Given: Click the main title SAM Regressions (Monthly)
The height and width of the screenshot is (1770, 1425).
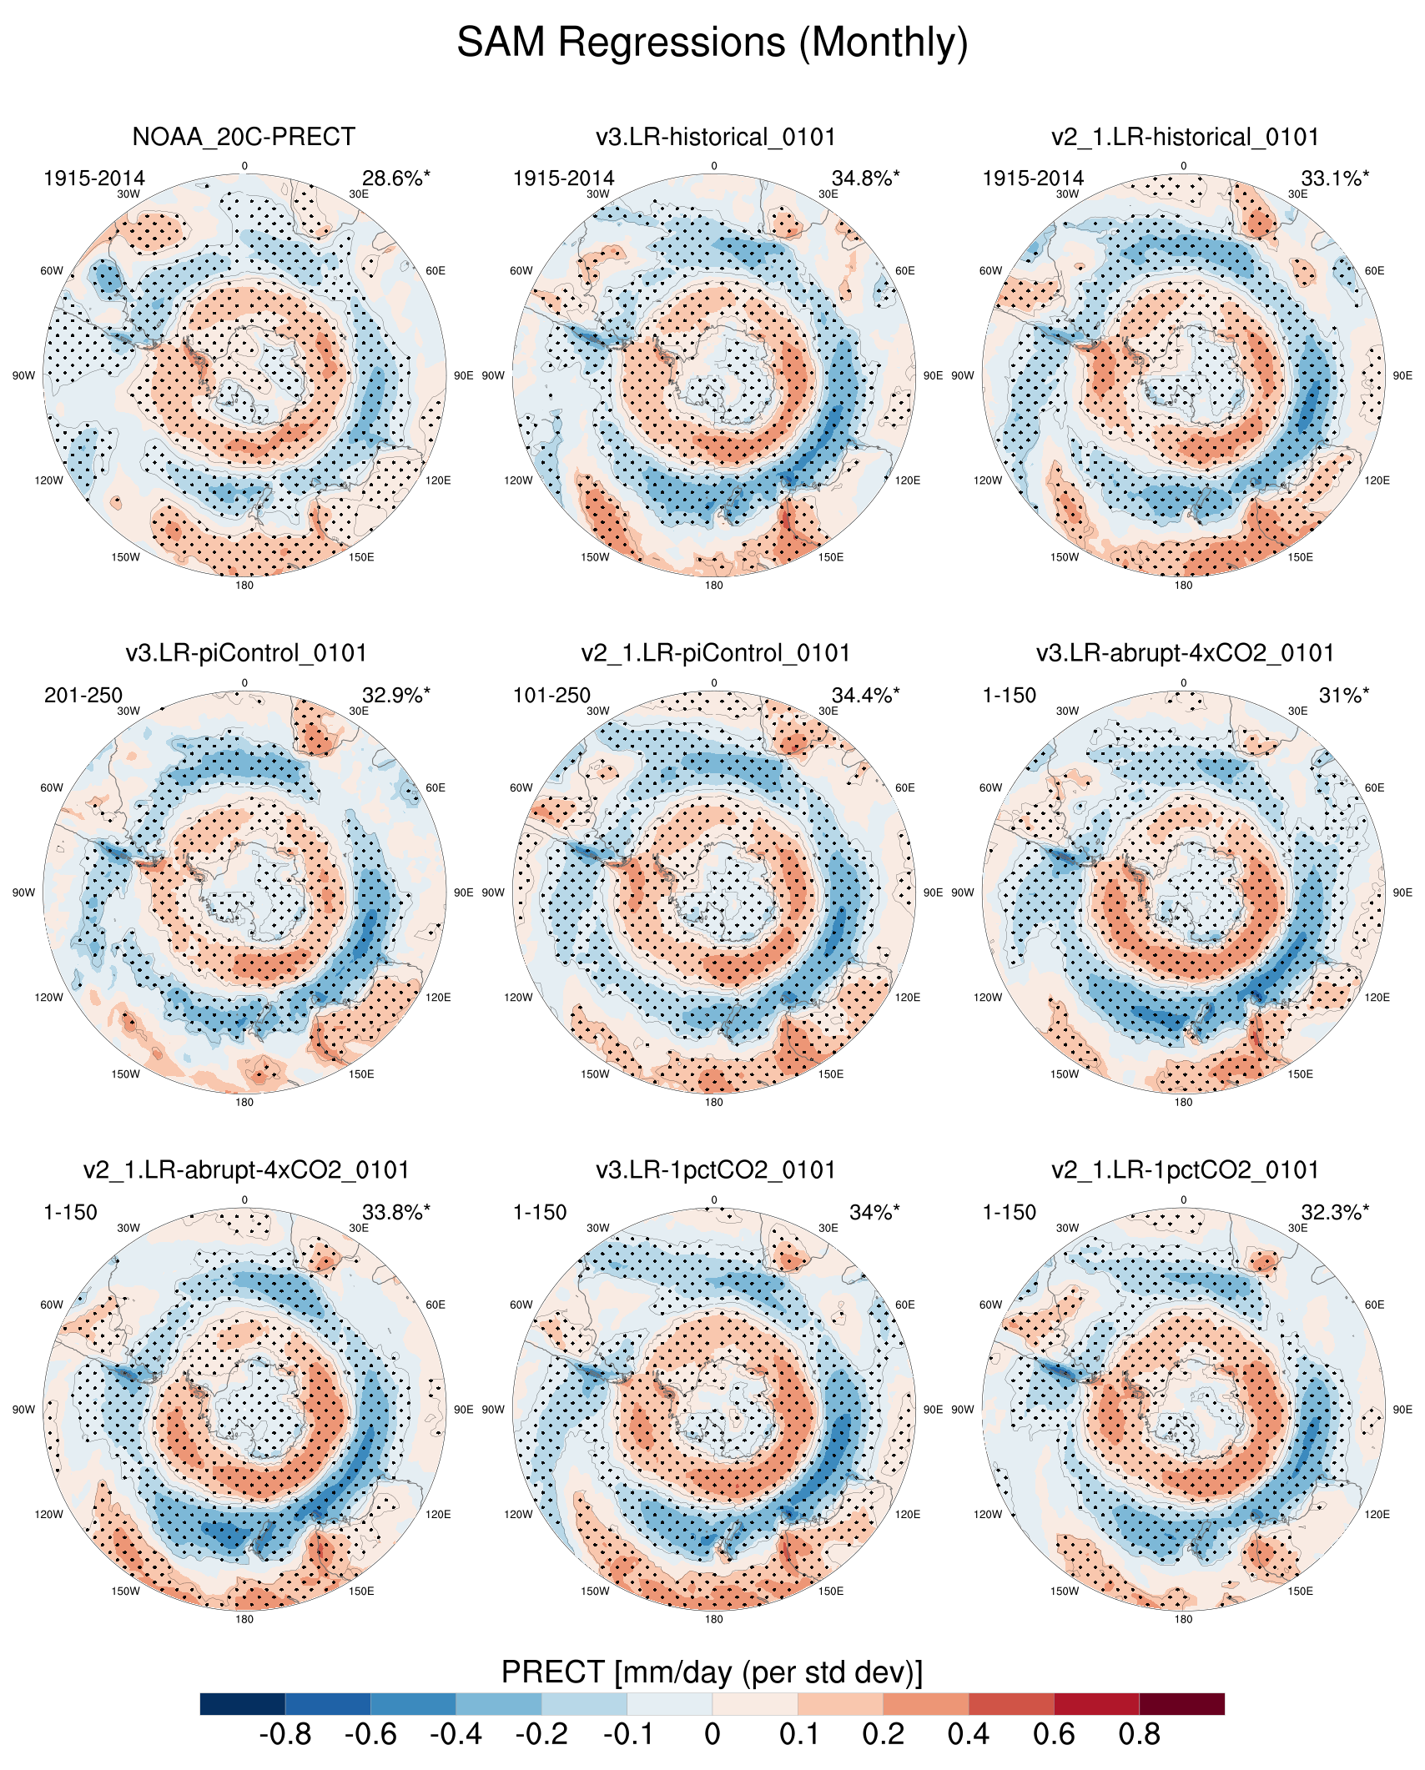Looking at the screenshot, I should point(712,42).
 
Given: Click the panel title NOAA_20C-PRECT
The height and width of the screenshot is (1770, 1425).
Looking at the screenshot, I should point(244,137).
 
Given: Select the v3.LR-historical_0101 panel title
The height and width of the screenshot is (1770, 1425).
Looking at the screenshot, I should point(715,137).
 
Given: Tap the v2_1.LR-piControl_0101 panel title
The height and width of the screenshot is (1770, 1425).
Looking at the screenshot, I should point(715,653).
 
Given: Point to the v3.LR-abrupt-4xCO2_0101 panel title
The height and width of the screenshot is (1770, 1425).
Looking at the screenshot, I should point(1185,653).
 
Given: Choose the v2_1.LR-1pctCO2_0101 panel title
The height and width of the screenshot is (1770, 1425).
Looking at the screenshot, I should point(1185,1170).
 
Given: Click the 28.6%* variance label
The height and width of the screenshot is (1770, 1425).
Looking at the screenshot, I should point(396,179).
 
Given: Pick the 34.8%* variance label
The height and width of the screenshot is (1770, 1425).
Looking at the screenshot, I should point(865,179).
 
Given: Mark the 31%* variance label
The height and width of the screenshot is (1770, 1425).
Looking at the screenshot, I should point(1344,696).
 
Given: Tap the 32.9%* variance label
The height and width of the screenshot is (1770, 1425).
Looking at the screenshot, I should point(396,696).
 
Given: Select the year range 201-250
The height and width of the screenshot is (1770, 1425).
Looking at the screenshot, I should point(83,696).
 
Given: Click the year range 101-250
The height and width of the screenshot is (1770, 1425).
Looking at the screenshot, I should point(551,696).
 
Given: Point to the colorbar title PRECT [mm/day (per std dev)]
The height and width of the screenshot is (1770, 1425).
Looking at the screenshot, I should point(712,1672).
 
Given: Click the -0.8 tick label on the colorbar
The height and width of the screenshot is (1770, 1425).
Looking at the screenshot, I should point(285,1735).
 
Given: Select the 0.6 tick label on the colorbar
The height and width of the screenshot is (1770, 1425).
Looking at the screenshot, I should point(1054,1735).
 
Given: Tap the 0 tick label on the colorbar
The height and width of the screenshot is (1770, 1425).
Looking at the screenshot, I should point(712,1735).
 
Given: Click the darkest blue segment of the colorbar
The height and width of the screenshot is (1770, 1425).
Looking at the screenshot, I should point(243,1704).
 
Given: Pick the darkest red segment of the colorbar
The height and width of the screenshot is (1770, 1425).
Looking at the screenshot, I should point(1181,1704).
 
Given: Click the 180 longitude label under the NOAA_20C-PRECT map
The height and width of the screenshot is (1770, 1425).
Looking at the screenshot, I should point(244,586).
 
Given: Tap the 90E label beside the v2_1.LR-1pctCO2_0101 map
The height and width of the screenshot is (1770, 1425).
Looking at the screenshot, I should point(1402,1410).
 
